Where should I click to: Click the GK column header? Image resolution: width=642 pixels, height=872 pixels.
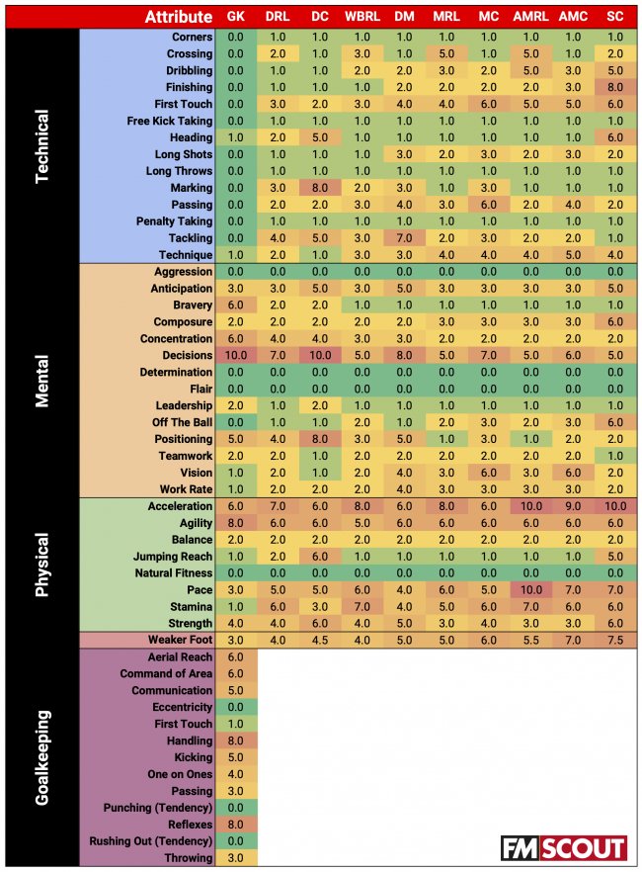(x=236, y=17)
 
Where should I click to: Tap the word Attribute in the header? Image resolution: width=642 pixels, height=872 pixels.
(x=178, y=17)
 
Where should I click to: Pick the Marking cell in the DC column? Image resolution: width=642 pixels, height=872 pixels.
(x=319, y=188)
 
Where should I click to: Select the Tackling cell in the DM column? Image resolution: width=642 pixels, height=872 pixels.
(x=404, y=238)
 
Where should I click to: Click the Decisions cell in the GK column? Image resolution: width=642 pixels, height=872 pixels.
(x=236, y=355)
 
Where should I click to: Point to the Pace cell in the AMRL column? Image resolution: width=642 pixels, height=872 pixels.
(x=531, y=589)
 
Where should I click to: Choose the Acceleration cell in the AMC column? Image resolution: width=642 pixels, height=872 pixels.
(x=573, y=506)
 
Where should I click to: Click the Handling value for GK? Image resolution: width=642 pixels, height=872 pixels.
(x=236, y=741)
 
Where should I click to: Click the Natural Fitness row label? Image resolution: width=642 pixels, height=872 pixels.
(x=173, y=573)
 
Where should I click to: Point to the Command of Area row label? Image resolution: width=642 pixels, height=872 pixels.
(x=166, y=674)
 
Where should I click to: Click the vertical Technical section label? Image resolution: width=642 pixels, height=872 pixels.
(x=41, y=145)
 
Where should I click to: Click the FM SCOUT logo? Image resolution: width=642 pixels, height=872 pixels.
(x=563, y=848)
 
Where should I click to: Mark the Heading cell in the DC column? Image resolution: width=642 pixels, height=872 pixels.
(x=319, y=137)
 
